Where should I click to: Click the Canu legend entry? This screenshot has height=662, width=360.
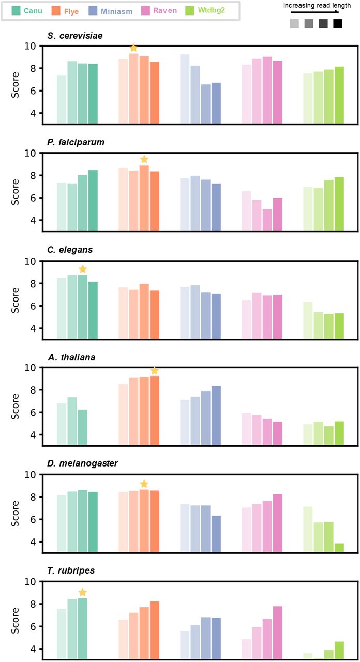point(26,10)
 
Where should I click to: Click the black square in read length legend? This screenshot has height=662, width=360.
point(338,23)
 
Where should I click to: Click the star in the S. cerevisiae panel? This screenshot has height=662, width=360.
point(133,48)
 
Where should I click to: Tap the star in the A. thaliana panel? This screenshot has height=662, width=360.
point(154,370)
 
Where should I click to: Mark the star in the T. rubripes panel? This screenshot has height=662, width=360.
point(82,592)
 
